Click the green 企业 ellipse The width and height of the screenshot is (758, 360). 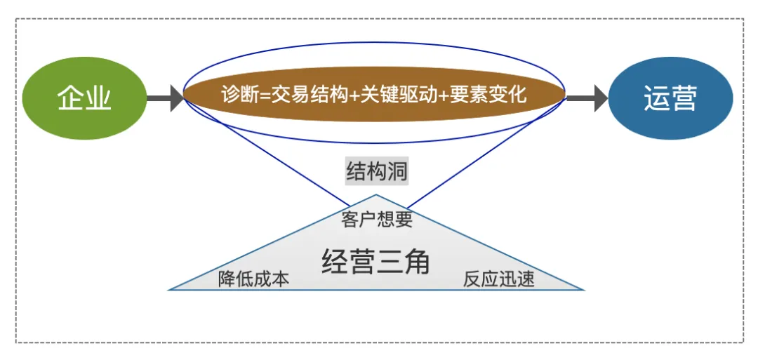pyautogui.click(x=84, y=98)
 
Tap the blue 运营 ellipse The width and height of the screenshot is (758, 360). pyautogui.click(x=670, y=98)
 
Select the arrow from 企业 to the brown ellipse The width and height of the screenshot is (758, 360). pyautogui.click(x=165, y=98)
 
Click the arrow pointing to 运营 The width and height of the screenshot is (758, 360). pyautogui.click(x=587, y=98)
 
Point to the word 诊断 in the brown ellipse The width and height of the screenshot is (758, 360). pyautogui.click(x=238, y=95)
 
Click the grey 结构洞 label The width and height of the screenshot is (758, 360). pyautogui.click(x=377, y=171)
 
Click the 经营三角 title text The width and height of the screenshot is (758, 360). pyautogui.click(x=375, y=262)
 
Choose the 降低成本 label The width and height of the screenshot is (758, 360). pyautogui.click(x=253, y=279)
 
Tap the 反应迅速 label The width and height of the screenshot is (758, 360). pyautogui.click(x=499, y=279)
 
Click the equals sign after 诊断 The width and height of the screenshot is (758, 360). pyautogui.click(x=262, y=95)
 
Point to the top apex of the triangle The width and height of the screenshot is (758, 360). pyautogui.click(x=376, y=194)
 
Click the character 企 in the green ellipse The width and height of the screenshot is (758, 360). pyautogui.click(x=71, y=98)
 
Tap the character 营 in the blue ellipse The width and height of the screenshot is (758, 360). pyautogui.click(x=684, y=98)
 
